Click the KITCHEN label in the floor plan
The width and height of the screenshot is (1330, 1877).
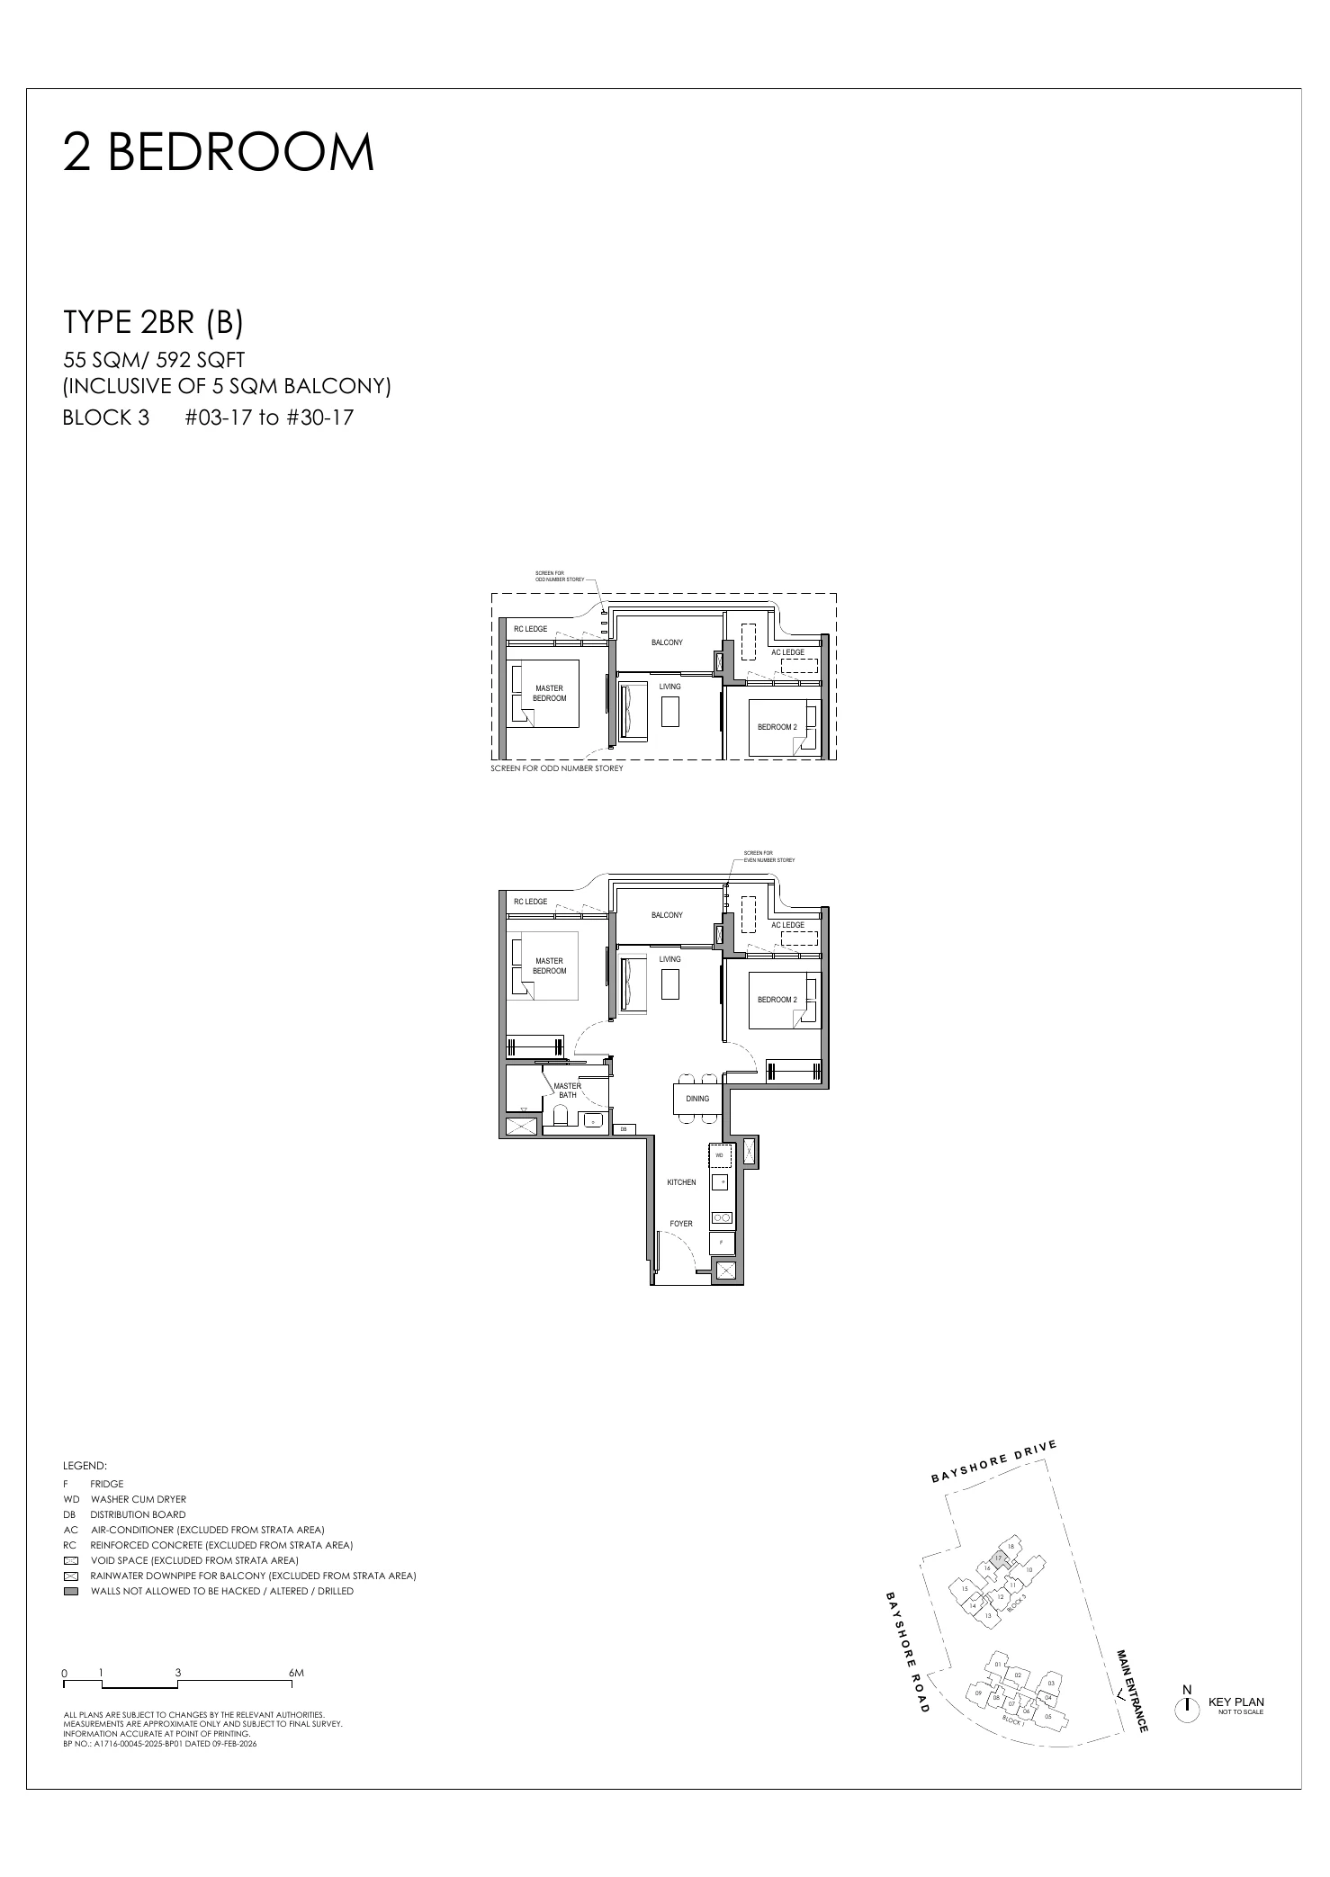[x=681, y=1182]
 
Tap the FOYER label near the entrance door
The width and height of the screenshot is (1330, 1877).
[x=681, y=1224]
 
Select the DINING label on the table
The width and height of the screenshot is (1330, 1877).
[x=697, y=1099]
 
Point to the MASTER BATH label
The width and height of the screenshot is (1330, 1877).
[x=567, y=1091]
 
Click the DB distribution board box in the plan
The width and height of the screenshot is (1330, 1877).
[x=623, y=1129]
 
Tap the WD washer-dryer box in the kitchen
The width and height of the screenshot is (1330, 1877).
[x=720, y=1154]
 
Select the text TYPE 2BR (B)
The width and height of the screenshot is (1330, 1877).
[x=153, y=322]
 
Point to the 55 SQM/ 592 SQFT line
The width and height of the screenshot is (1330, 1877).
[x=155, y=361]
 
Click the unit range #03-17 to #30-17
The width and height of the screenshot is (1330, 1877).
[x=269, y=418]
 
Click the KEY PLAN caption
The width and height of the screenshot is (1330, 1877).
[x=1236, y=1702]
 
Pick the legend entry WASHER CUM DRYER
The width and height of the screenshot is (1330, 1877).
[x=139, y=1500]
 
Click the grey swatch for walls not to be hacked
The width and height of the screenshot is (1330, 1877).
[x=71, y=1591]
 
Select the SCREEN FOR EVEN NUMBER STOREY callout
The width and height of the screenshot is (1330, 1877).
[x=768, y=857]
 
